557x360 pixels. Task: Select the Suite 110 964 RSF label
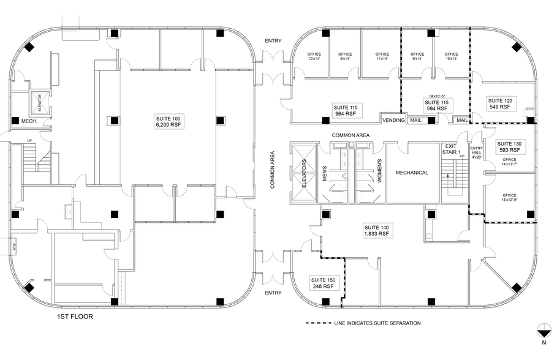click(345, 110)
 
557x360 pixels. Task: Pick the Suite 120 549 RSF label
click(499, 103)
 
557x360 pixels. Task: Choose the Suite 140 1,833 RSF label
click(375, 230)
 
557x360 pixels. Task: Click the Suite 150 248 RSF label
click(322, 282)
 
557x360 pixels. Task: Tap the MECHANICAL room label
click(411, 173)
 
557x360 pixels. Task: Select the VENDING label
click(393, 120)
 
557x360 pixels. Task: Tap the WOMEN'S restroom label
click(379, 169)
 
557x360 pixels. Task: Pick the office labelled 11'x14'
click(382, 56)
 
